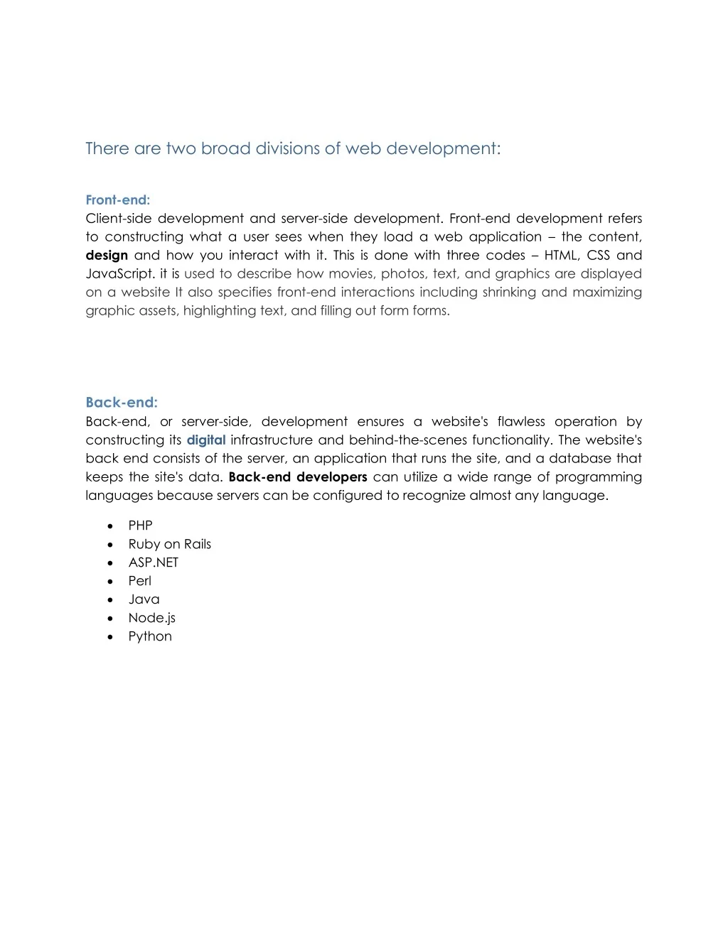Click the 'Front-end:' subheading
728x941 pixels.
[117, 200]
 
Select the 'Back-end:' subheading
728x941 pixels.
[122, 403]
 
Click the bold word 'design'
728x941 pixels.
[107, 255]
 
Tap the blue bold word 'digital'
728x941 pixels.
[206, 440]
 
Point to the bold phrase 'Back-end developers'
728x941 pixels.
[298, 477]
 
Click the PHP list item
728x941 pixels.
[140, 526]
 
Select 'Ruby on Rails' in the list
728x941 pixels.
[169, 544]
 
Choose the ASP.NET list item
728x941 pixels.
[153, 562]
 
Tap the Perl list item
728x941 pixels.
[139, 581]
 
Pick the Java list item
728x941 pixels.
[144, 599]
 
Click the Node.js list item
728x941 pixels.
[151, 618]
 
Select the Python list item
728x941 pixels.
[150, 636]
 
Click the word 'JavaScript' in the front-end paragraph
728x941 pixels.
[119, 274]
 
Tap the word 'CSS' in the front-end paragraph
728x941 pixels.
[599, 255]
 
